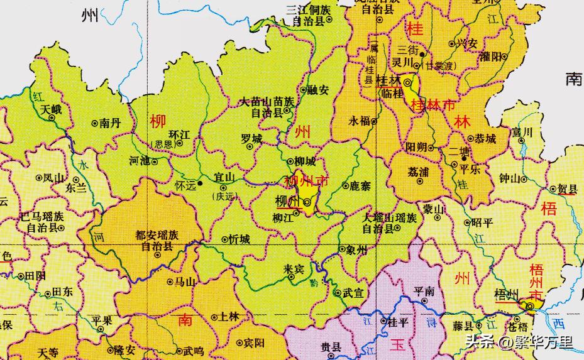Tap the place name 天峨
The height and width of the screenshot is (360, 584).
(x=52, y=109)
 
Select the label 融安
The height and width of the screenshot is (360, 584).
(x=317, y=90)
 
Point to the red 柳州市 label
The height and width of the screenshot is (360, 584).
(x=307, y=182)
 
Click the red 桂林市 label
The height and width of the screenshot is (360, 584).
(x=433, y=105)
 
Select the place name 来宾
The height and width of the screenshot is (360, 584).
(x=294, y=269)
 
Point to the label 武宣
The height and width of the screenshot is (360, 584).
(x=353, y=292)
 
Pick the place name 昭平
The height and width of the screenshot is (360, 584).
(x=482, y=222)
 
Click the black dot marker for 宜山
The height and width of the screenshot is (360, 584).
(x=200, y=183)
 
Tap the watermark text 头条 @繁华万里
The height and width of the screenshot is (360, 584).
(x=519, y=341)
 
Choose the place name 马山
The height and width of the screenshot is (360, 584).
(x=183, y=283)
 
